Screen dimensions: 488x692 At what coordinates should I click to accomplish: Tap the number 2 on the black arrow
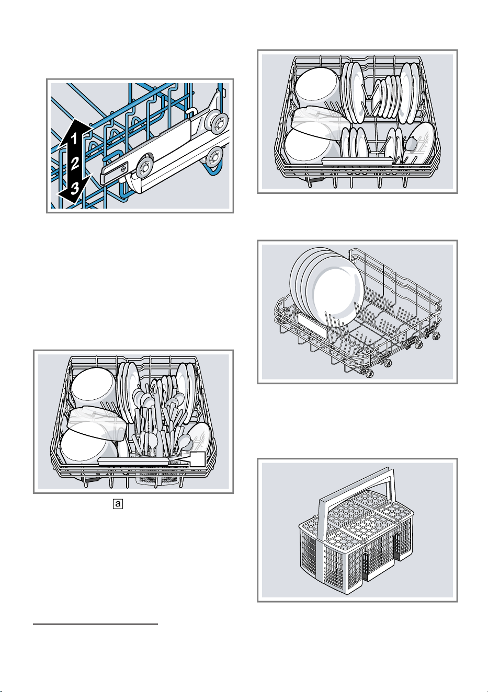[x=75, y=163]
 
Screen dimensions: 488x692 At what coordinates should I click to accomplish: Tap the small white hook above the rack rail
[x=191, y=110]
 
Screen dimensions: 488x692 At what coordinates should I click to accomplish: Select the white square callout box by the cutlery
[x=197, y=458]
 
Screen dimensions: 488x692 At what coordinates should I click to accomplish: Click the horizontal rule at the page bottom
[x=96, y=624]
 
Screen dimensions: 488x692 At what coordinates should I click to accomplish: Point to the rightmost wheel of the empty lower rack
[x=436, y=336]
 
